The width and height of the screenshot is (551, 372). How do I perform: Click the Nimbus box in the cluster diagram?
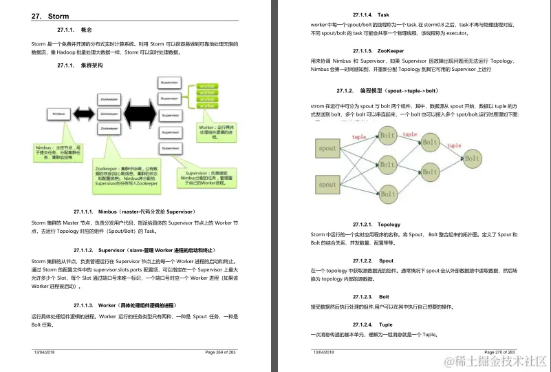pyautogui.click(x=59, y=112)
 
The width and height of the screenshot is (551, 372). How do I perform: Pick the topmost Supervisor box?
pyautogui.click(x=170, y=81)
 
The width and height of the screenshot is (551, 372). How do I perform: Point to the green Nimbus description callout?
pyautogui.click(x=59, y=152)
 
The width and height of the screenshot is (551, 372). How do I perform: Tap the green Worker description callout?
pyautogui.click(x=217, y=132)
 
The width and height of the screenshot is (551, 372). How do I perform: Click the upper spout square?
pyautogui.click(x=328, y=148)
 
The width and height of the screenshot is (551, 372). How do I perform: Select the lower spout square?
pyautogui.click(x=328, y=184)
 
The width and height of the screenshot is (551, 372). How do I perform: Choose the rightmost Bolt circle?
pyautogui.click(x=471, y=158)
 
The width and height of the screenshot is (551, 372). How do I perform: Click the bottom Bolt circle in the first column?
pyautogui.click(x=387, y=192)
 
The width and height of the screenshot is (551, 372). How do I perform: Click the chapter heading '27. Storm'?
pyautogui.click(x=50, y=16)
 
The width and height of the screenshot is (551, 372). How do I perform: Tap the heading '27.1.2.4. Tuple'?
pyautogui.click(x=372, y=324)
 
